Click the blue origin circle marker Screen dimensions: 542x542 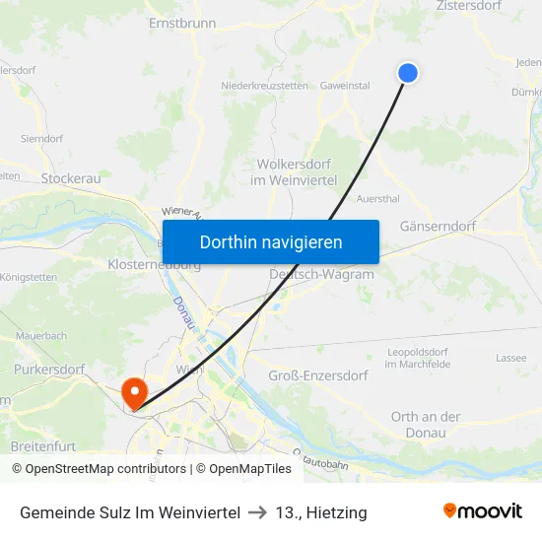407,72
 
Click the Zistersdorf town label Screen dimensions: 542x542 476,6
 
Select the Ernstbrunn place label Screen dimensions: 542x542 181,22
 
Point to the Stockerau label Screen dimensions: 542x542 71,178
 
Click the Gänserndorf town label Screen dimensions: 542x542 438,226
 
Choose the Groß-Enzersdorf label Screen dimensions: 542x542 318,375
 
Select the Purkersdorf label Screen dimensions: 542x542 50,369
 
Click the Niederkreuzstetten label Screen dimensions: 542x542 265,86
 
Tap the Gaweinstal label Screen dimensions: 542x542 345,86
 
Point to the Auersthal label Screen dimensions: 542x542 377,198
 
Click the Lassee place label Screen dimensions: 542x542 510,359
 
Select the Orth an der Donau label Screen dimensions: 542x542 426,424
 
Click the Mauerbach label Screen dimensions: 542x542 41,336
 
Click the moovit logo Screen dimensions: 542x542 482,511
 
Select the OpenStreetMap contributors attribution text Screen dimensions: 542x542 105,469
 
